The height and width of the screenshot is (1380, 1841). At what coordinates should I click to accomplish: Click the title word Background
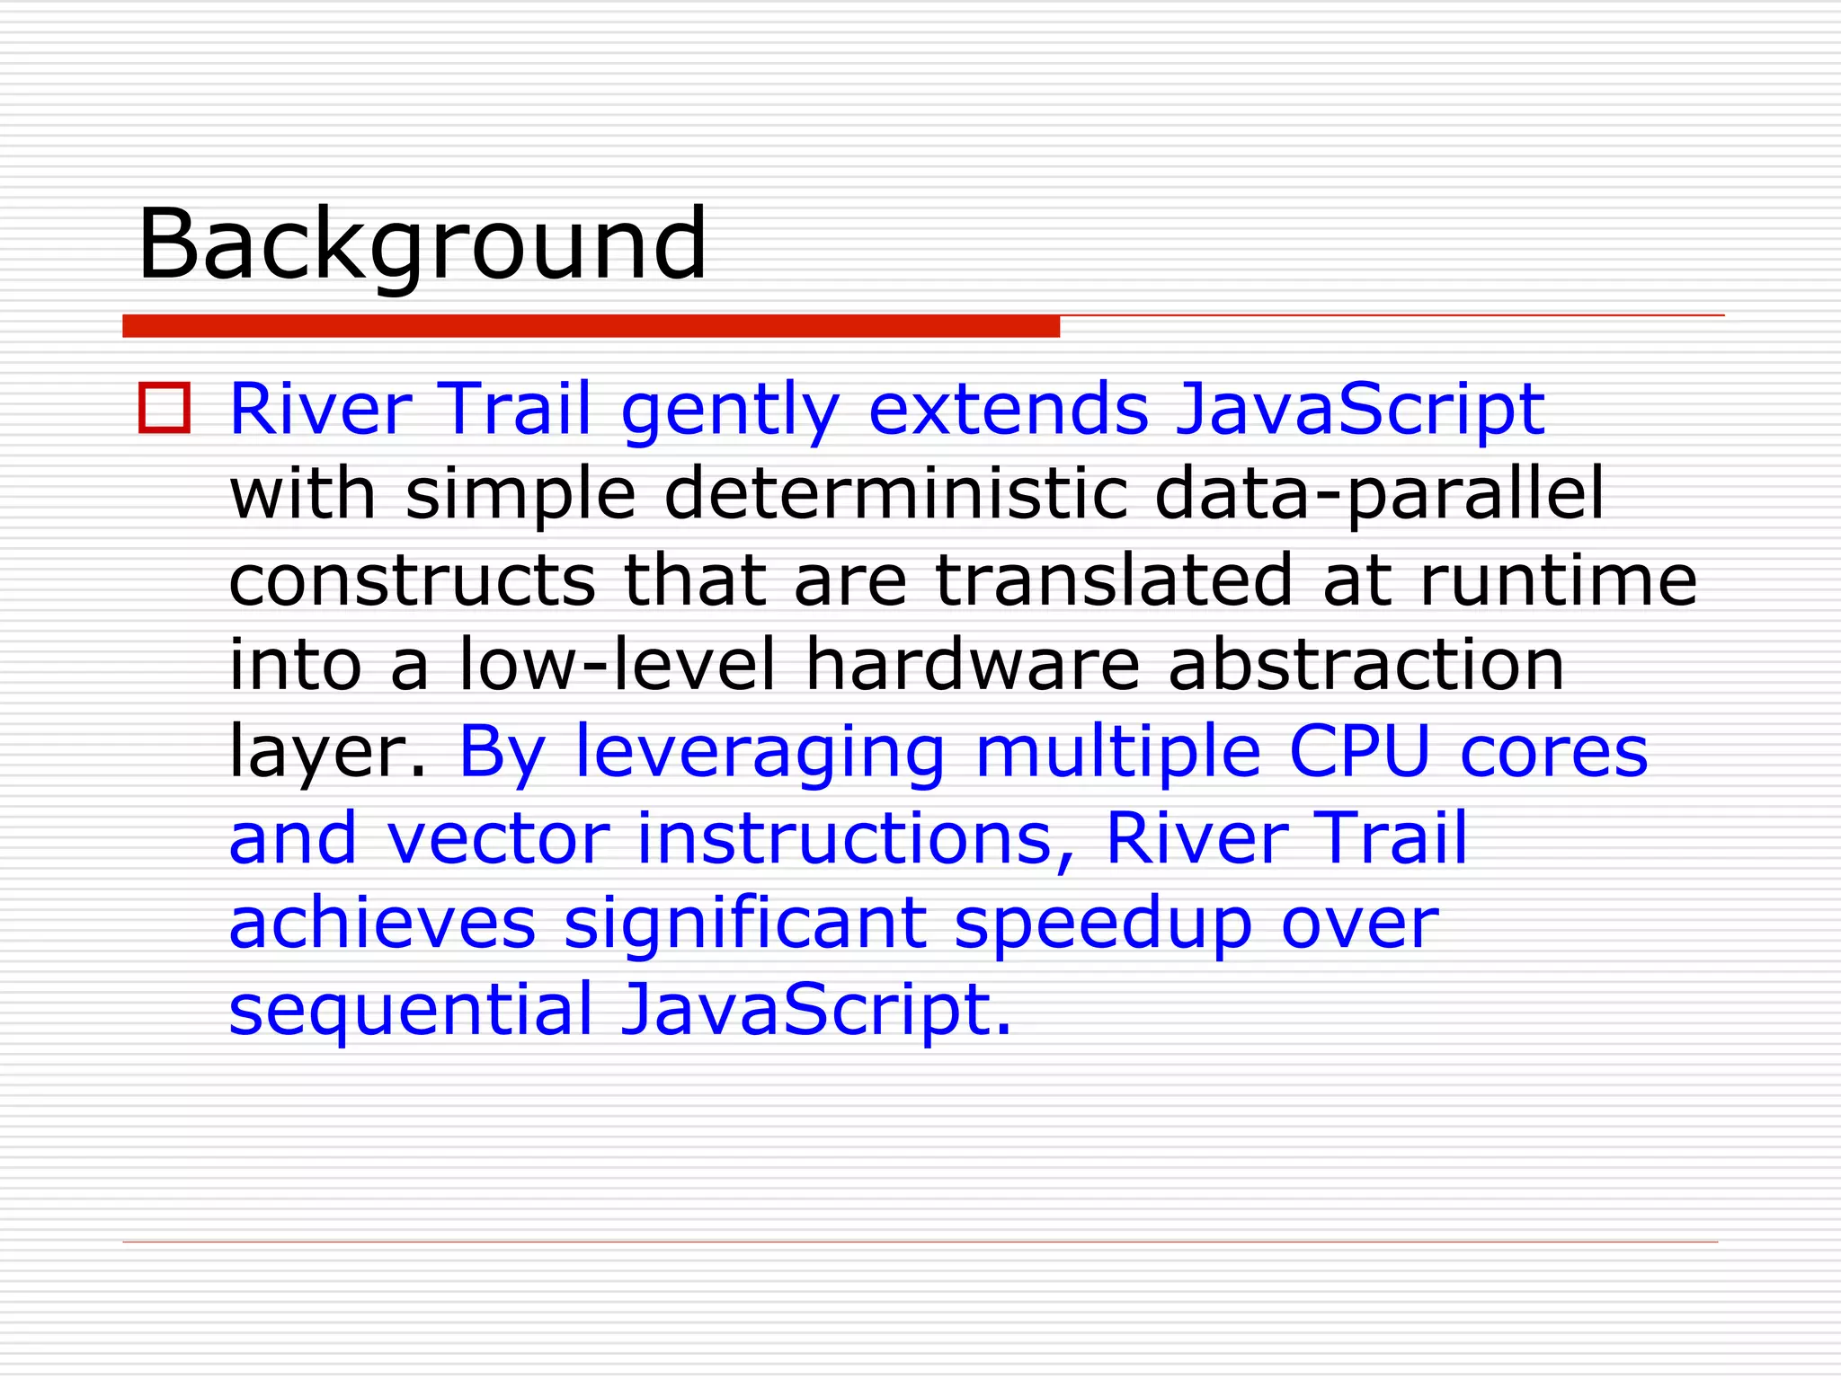tap(422, 244)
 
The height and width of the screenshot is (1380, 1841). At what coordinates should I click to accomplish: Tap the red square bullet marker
tap(165, 409)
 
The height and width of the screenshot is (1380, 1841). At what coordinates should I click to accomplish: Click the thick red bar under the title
tap(591, 326)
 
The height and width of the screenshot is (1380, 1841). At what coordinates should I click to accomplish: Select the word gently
tap(730, 410)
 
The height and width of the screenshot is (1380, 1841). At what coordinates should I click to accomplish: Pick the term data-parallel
tap(1379, 495)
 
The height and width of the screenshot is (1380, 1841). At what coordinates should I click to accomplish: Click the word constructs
tap(413, 579)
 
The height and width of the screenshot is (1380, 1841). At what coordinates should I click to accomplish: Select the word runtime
tap(1558, 579)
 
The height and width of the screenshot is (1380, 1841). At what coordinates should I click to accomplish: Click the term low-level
tap(617, 665)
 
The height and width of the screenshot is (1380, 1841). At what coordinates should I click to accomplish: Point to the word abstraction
tap(1365, 665)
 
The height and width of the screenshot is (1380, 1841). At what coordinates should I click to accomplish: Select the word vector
tap(498, 837)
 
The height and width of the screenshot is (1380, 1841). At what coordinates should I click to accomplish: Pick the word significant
tap(745, 923)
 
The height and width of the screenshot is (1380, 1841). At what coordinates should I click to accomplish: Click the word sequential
tap(411, 1010)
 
